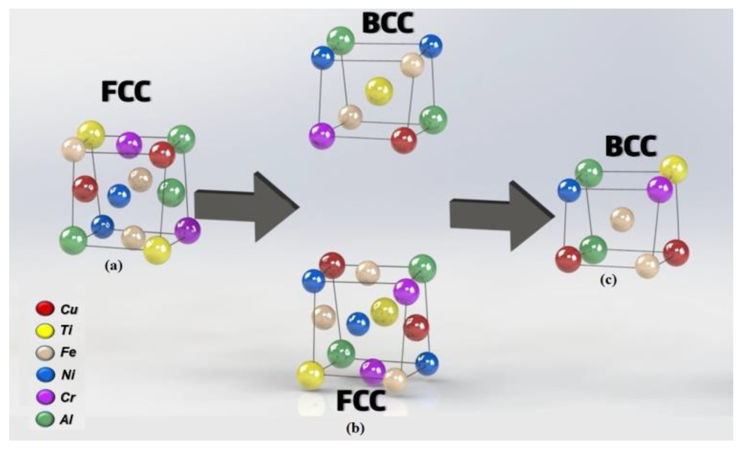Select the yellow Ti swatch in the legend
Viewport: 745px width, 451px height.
click(44, 331)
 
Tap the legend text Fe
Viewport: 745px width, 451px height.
click(68, 352)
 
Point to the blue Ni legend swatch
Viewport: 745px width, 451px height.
click(44, 375)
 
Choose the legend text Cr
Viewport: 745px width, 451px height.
click(67, 397)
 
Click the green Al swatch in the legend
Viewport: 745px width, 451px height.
click(44, 420)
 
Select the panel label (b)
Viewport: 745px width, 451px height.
click(355, 429)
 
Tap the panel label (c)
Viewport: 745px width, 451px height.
click(608, 280)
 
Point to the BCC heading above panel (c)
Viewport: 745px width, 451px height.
click(631, 147)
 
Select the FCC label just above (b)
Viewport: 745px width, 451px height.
click(361, 401)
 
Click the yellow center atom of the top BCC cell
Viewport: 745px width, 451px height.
click(379, 91)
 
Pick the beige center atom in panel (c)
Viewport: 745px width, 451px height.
click(622, 219)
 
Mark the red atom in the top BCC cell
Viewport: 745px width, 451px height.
click(404, 140)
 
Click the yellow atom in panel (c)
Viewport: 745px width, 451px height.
click(673, 169)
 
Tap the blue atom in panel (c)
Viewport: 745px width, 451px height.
click(569, 190)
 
